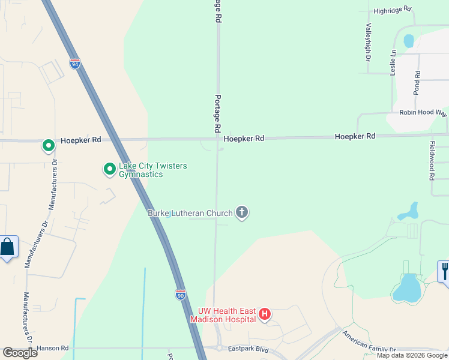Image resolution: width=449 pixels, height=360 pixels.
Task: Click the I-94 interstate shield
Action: [75, 64]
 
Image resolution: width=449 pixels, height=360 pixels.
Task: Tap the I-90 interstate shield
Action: [181, 294]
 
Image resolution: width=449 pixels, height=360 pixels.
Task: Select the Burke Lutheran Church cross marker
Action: [242, 212]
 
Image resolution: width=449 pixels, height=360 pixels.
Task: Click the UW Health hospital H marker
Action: [265, 314]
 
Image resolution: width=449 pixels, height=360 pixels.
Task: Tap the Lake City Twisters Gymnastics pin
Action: [109, 170]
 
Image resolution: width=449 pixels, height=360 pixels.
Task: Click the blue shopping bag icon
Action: [7, 247]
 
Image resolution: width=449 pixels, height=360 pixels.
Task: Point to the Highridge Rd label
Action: [393, 10]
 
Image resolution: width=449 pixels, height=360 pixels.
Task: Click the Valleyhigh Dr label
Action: [368, 43]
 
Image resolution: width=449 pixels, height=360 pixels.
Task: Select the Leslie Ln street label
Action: [394, 62]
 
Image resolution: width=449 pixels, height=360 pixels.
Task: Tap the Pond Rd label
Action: [417, 83]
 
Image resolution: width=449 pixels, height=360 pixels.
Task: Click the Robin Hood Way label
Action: [424, 113]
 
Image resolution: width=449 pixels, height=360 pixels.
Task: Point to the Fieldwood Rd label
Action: [432, 161]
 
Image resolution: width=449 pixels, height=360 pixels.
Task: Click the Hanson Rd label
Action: [53, 348]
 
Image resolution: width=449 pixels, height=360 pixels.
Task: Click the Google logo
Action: [20, 352]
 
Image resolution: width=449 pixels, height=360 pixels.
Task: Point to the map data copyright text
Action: [412, 356]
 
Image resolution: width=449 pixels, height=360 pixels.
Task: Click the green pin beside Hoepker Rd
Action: [48, 145]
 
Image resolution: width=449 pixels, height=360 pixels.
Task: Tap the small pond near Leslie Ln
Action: [409, 41]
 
